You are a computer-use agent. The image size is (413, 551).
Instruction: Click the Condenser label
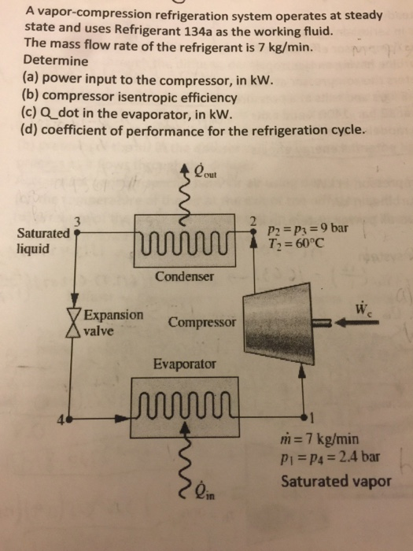coord(184,276)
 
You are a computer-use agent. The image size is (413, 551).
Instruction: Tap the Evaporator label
coord(185,364)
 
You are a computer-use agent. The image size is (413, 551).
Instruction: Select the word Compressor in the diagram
coord(202,322)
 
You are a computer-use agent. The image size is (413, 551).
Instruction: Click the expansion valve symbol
coord(74,322)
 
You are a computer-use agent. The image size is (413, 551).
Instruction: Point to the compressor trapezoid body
coord(278,324)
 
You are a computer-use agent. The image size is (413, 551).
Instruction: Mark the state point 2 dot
coord(253,231)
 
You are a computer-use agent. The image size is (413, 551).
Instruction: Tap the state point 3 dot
coord(78,232)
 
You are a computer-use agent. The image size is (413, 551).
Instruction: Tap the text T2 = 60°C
coord(294,242)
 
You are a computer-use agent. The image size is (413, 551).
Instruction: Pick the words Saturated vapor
coord(336,481)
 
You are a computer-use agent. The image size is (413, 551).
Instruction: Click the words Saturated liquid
coord(43,241)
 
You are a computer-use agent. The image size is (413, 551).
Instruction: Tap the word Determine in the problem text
coord(56,61)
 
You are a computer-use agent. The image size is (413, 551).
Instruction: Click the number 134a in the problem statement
coord(197,31)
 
